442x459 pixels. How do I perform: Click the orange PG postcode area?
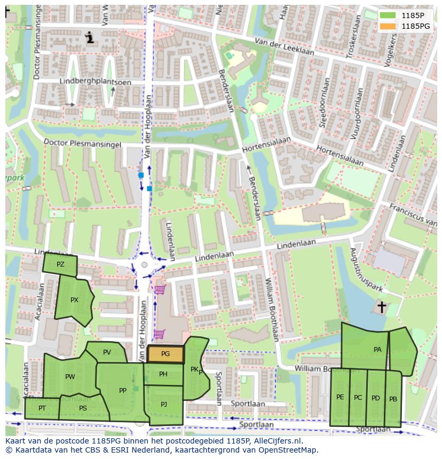[165, 354]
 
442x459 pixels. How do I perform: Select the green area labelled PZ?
[60, 264]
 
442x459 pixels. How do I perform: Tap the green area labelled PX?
[74, 300]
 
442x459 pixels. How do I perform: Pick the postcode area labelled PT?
[42, 408]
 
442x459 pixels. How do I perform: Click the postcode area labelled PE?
[340, 397]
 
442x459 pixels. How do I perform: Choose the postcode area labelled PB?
[393, 399]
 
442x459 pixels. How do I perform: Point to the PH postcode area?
[163, 374]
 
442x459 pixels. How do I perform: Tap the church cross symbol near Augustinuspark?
[382, 307]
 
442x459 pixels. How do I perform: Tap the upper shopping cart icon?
[160, 290]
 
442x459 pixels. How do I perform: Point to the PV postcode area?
[107, 352]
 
